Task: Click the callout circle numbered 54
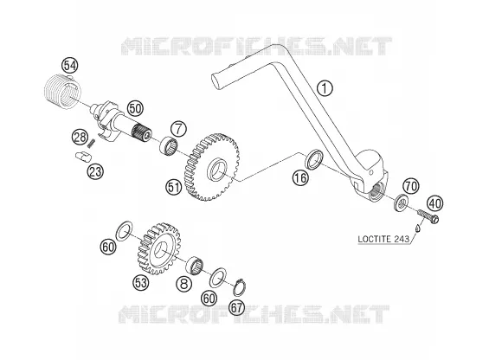[70, 66]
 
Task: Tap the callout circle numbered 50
[135, 109]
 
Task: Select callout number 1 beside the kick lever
[325, 88]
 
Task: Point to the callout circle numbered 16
[300, 178]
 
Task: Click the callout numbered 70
[411, 186]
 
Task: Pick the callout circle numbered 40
[435, 203]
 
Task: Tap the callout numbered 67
[237, 307]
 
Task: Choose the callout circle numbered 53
[141, 283]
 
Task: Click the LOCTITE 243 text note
[383, 239]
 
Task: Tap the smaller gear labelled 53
[159, 248]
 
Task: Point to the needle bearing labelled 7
[169, 145]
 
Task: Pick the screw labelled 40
[428, 215]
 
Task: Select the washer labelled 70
[402, 202]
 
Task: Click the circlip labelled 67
[241, 287]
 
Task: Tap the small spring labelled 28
[92, 143]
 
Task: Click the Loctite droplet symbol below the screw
[417, 228]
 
